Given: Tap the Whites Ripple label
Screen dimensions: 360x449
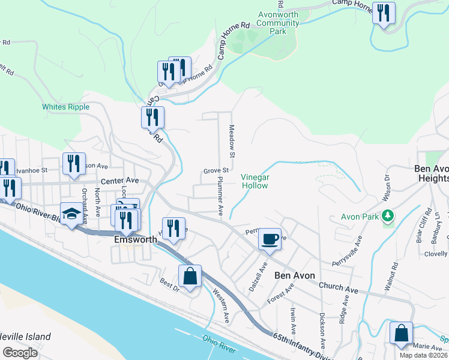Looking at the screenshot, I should coord(65,107).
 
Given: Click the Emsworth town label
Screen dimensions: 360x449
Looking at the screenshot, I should coord(136,239).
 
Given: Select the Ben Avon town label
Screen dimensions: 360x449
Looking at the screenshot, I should coord(294,276).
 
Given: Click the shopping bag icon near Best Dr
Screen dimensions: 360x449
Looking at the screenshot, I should coord(190,277).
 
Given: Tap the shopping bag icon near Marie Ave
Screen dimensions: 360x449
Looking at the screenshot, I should coord(401,333).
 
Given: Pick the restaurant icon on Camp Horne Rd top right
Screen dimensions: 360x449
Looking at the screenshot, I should coord(383,12).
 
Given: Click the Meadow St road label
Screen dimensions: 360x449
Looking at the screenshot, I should coord(232,142).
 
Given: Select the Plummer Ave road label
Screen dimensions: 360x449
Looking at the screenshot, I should coord(220,196).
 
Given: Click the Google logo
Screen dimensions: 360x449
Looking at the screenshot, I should coord(20,353).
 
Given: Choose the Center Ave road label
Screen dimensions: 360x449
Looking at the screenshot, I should coord(119,180).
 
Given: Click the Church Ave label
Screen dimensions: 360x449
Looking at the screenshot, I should coord(339,287).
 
